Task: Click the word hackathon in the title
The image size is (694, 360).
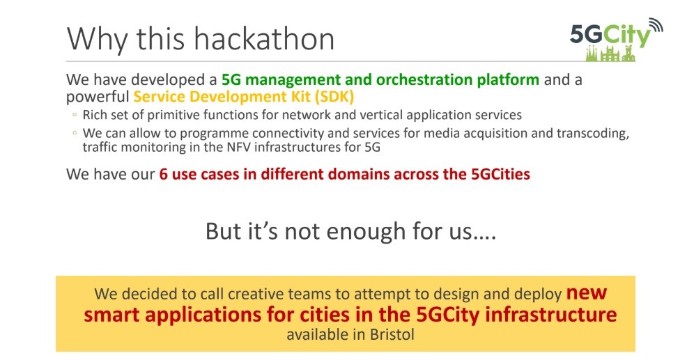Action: (x=264, y=38)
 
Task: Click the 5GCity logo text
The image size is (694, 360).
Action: (x=610, y=36)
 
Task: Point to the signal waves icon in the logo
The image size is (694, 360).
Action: (x=656, y=25)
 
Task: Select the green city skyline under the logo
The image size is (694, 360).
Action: (x=610, y=54)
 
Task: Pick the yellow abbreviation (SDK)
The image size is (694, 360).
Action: (x=334, y=96)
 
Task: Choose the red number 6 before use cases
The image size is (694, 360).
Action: (x=163, y=174)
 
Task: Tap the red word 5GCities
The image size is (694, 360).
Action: (x=500, y=174)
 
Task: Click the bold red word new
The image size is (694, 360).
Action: (x=587, y=292)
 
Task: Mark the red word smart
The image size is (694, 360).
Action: (x=111, y=315)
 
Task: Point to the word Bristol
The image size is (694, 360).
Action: (x=392, y=334)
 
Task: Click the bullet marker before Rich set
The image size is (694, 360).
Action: (x=75, y=115)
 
